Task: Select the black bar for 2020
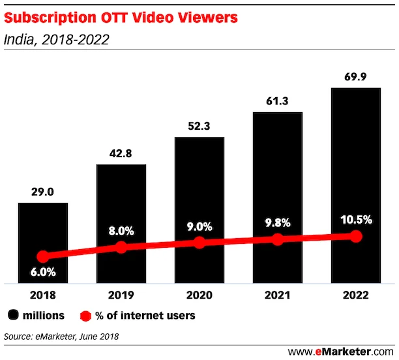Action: pos(199,196)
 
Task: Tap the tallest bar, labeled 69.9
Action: pos(355,163)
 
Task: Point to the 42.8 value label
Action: pos(121,154)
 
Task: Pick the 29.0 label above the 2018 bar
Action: pos(42,192)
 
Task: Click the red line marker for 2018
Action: pos(42,257)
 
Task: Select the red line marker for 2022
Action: pos(355,236)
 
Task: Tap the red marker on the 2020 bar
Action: pos(199,243)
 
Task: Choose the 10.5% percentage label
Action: pos(355,220)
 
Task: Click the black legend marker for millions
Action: pos(13,316)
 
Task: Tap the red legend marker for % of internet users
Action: pos(84,316)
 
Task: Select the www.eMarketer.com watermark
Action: pos(340,352)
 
